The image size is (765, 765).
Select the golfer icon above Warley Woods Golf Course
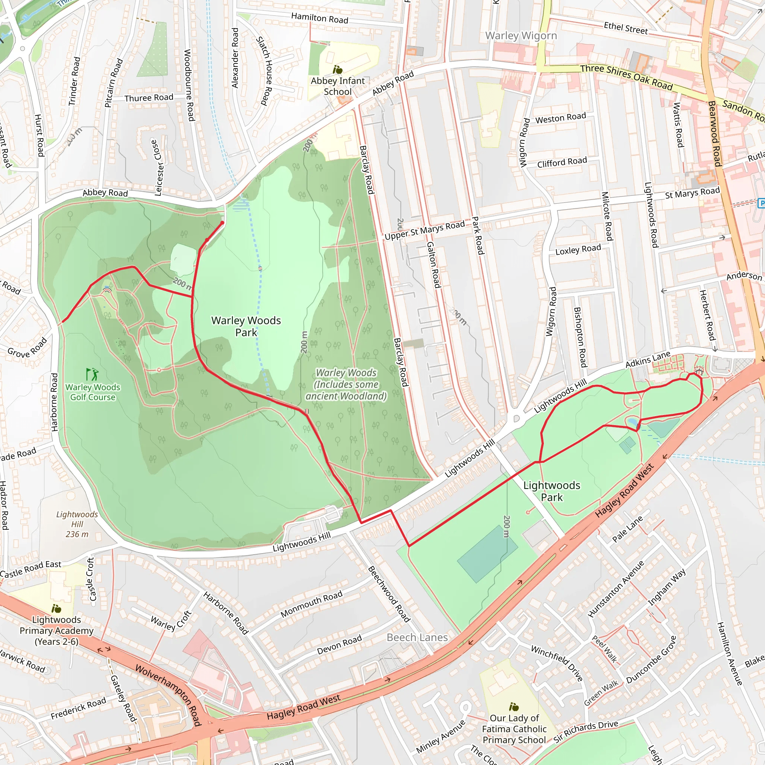[x=92, y=374]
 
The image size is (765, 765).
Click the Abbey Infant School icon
[x=337, y=70]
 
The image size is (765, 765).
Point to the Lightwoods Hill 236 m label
[x=77, y=524]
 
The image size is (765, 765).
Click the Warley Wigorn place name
[x=521, y=35]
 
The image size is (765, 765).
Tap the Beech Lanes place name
[x=417, y=638]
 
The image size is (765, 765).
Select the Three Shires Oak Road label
[x=626, y=77]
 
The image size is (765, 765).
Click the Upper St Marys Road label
[x=424, y=230]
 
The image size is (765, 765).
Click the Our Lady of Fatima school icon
[x=514, y=707]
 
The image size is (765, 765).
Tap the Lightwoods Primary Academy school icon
[x=56, y=608]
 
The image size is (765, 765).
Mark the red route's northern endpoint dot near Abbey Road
[x=223, y=223]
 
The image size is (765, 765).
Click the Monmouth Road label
[x=311, y=604]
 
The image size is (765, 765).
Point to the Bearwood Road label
[x=714, y=133]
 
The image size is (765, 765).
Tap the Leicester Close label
[x=157, y=167]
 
